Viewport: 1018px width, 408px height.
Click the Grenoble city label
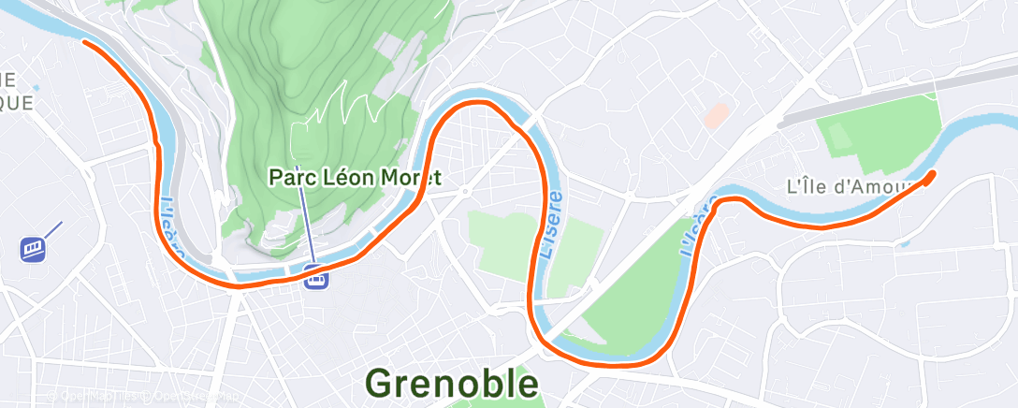point(452,383)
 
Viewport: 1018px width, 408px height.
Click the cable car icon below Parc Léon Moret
point(316,277)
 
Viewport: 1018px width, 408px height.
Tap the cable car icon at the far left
point(33,248)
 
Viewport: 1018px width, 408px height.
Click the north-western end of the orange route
point(85,41)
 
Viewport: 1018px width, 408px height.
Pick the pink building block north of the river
point(716,116)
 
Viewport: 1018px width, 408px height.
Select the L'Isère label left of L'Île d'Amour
point(699,225)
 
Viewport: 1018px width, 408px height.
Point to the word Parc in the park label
point(288,176)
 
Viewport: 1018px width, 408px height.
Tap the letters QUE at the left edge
point(17,102)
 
